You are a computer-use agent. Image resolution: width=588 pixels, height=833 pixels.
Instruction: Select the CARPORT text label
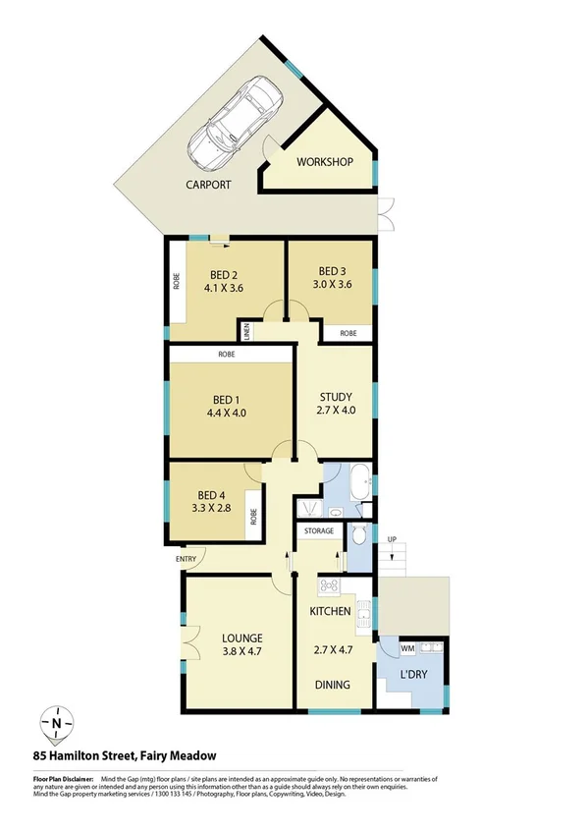208,185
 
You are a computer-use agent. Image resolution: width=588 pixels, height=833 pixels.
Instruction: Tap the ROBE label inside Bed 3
348,334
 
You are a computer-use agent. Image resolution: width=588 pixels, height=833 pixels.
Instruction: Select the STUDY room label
334,397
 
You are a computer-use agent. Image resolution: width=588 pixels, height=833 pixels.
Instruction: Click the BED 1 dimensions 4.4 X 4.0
227,414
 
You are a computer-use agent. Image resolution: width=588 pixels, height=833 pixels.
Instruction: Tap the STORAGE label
318,531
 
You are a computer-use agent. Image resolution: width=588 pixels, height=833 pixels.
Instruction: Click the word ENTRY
186,559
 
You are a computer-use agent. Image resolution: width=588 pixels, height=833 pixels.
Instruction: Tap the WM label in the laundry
406,648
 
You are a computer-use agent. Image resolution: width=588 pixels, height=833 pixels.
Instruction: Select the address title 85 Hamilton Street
124,756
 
